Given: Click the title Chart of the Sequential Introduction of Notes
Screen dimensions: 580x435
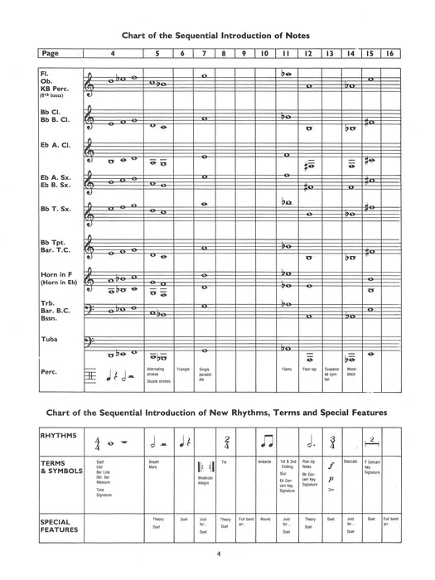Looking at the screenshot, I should (218, 36).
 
